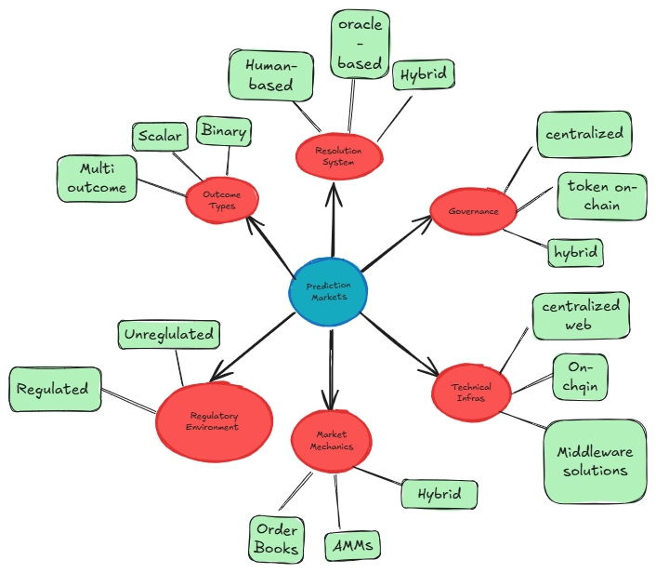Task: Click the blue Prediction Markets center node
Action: click(327, 291)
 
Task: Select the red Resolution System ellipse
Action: click(337, 154)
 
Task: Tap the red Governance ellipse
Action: click(473, 211)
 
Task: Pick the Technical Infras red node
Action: click(471, 391)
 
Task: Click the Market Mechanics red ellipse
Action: click(332, 440)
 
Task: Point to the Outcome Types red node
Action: click(222, 200)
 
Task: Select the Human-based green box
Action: click(269, 75)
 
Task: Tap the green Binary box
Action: click(223, 132)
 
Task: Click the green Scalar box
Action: click(160, 136)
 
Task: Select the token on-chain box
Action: click(601, 195)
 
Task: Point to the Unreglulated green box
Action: click(168, 334)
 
